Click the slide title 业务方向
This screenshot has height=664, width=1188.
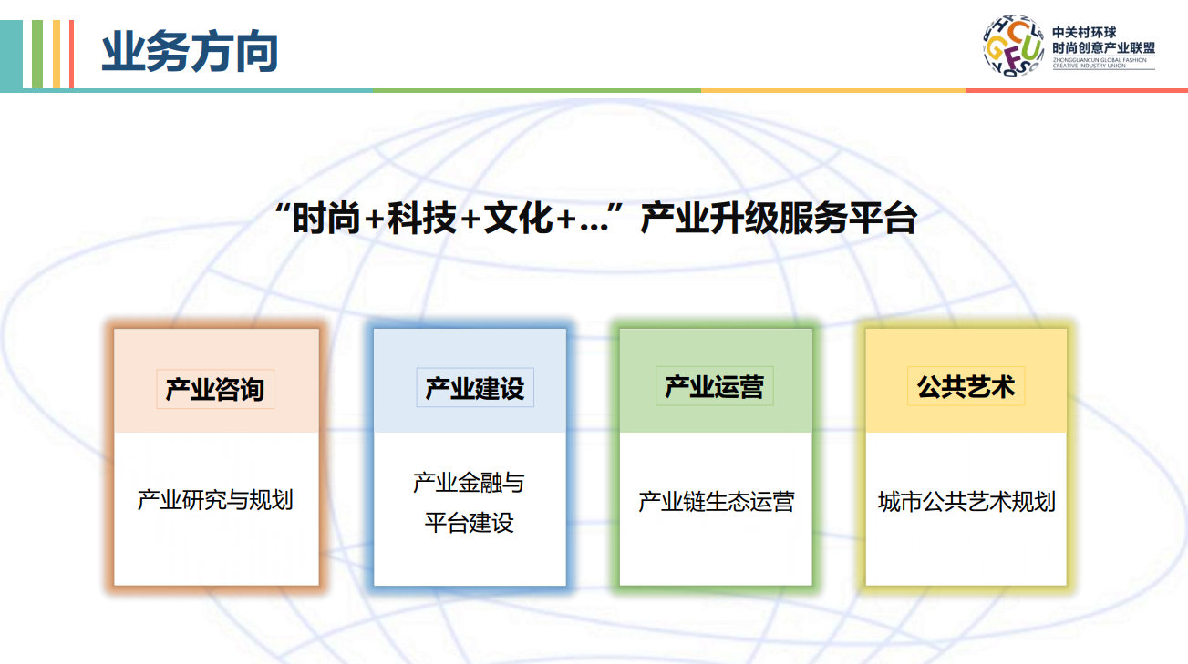[x=190, y=51]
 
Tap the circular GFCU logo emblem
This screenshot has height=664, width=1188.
[x=1013, y=45]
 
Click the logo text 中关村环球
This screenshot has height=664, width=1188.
[x=1084, y=32]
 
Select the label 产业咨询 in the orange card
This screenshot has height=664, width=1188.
[x=215, y=390]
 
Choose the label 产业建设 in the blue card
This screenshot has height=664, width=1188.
[x=475, y=388]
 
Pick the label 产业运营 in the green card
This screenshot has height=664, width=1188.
[x=715, y=386]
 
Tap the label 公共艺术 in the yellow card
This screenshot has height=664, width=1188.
[x=966, y=386]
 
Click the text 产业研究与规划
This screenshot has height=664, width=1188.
[x=215, y=500]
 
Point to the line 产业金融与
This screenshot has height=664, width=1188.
[x=469, y=483]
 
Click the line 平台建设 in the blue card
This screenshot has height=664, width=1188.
[x=469, y=523]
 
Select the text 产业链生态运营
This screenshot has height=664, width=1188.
[x=716, y=501]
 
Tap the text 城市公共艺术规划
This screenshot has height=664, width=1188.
[x=966, y=501]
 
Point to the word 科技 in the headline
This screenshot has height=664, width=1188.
[x=422, y=219]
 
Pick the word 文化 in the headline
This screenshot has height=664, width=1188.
[x=518, y=219]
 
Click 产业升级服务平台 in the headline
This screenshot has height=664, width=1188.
[x=779, y=219]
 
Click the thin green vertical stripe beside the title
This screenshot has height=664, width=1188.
[x=37, y=54]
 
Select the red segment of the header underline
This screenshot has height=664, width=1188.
[x=1077, y=90]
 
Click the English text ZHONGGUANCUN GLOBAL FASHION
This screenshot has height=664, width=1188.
[x=1100, y=60]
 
